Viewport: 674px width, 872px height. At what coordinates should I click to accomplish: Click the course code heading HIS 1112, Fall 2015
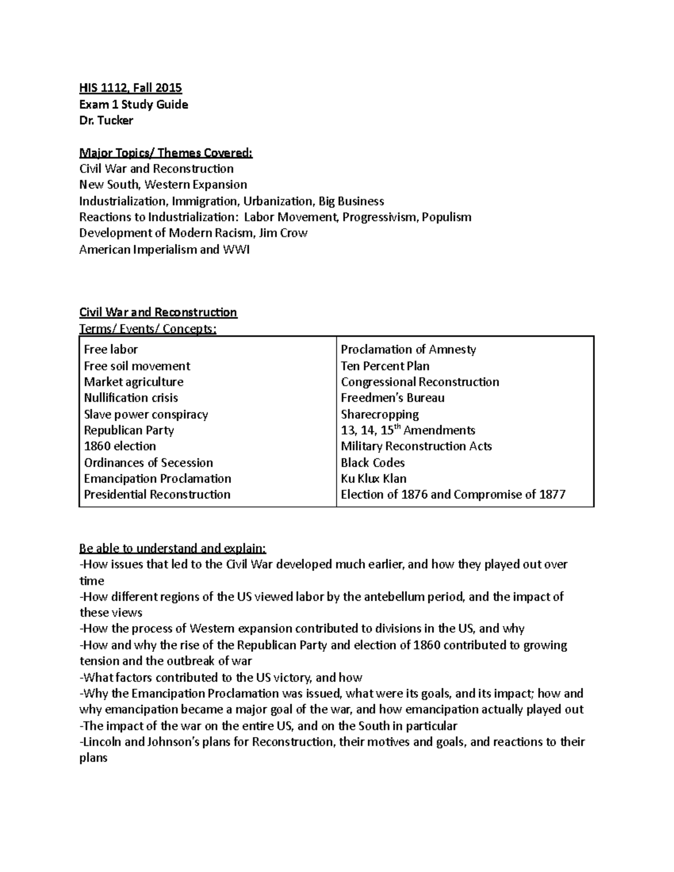click(x=130, y=88)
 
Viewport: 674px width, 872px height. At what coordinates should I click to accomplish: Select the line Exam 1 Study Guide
click(x=133, y=104)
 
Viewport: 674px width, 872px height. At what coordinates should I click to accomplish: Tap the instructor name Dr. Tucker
click(x=106, y=120)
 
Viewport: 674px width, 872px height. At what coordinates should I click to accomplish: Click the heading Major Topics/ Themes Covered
click(x=166, y=153)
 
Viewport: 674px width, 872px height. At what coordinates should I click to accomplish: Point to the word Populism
click(x=447, y=217)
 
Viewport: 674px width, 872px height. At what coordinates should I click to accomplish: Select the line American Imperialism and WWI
click(x=164, y=249)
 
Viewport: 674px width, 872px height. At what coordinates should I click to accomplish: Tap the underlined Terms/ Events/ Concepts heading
click(x=147, y=328)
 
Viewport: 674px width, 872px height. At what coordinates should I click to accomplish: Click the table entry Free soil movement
click(x=137, y=366)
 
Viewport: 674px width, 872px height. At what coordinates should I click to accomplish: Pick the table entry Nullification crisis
click(x=131, y=398)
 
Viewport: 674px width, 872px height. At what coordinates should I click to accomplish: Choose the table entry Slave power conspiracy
click(x=146, y=414)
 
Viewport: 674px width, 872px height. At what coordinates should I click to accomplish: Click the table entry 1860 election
click(x=120, y=446)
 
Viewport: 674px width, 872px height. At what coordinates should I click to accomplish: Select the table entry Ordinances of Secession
click(x=148, y=463)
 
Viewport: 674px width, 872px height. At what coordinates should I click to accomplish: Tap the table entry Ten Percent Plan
click(x=385, y=366)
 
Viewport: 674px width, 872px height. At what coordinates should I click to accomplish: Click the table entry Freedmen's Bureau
click(x=393, y=398)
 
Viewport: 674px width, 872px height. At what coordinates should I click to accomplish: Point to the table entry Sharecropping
click(x=380, y=414)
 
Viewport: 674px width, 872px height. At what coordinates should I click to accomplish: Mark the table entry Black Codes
click(x=372, y=463)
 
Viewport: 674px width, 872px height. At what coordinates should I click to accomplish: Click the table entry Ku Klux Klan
click(x=374, y=479)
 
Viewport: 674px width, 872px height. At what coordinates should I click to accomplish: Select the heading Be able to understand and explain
click(x=172, y=548)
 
